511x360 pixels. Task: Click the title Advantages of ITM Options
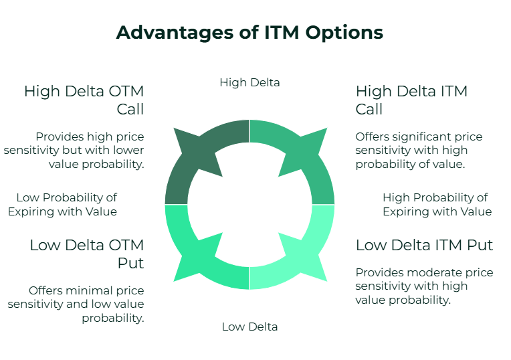(x=249, y=32)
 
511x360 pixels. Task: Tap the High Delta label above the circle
(x=249, y=82)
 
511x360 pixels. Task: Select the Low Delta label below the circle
(x=249, y=327)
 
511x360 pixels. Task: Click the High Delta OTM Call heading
(x=84, y=100)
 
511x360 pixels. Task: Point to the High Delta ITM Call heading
(x=411, y=100)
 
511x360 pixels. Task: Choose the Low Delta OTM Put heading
(x=86, y=254)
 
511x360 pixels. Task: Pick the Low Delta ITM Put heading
(x=424, y=245)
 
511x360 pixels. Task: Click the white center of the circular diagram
(x=249, y=204)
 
